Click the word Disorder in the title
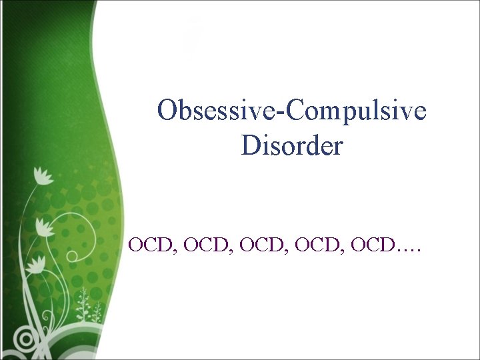pos(292,145)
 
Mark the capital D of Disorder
pos(250,145)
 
